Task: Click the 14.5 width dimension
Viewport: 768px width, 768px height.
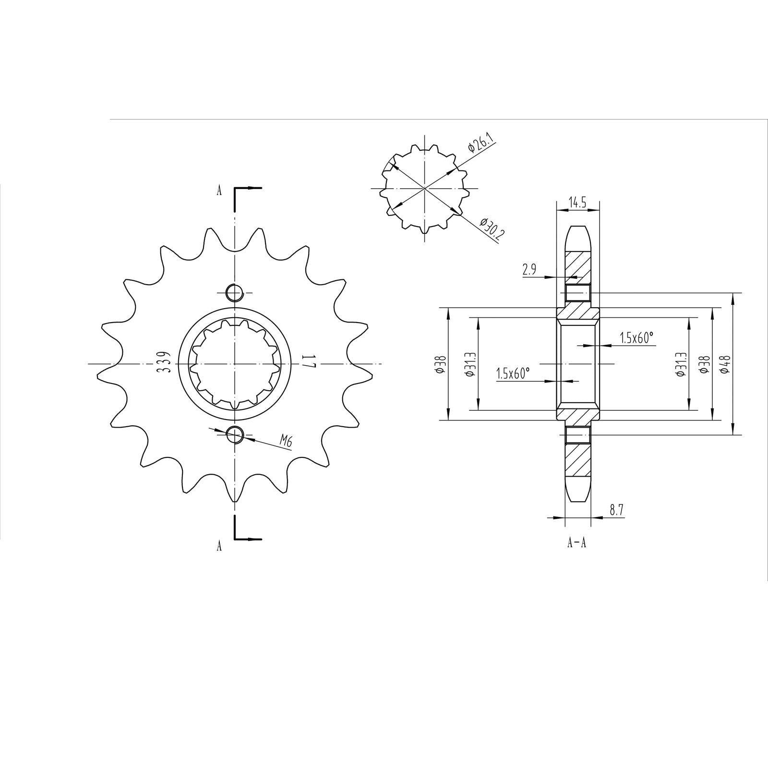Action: click(x=577, y=203)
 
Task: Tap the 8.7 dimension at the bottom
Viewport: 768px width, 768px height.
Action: click(x=616, y=510)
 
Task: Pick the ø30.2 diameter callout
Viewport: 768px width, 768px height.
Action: click(x=489, y=230)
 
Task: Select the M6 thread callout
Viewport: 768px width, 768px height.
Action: click(x=286, y=441)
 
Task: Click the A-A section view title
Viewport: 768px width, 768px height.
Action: click(x=577, y=543)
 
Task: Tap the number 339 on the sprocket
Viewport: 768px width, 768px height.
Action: click(x=164, y=363)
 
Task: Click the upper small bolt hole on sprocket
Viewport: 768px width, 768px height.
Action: click(x=235, y=292)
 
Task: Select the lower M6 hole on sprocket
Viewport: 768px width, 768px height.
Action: click(x=235, y=434)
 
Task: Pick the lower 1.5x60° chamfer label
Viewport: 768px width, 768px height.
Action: click(x=513, y=374)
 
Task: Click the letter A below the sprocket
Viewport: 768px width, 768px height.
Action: click(x=219, y=546)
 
